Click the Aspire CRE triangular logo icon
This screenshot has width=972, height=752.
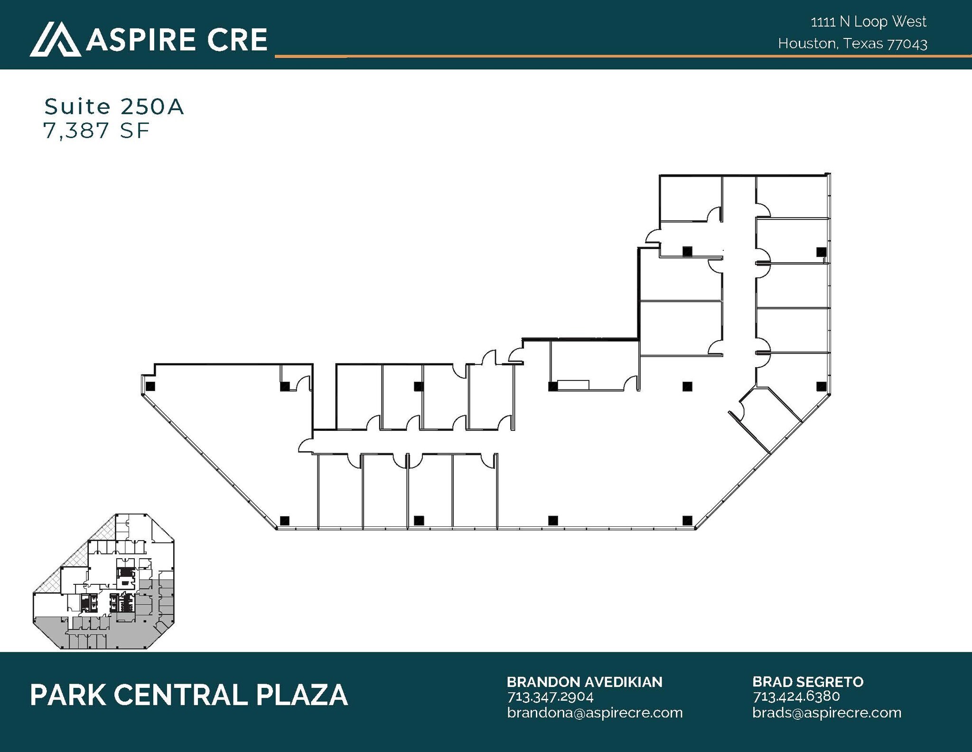pos(55,39)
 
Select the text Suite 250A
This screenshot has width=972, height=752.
pos(114,107)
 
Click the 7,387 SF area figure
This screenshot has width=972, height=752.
pos(96,131)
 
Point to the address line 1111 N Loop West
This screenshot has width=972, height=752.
pos(869,22)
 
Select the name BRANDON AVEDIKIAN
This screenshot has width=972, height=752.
pos(584,682)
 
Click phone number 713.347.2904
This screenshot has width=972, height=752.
pos(551,697)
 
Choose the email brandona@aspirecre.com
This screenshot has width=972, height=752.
pos(595,713)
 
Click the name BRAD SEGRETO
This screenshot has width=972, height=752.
pos(808,682)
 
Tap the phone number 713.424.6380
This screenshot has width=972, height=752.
pos(796,697)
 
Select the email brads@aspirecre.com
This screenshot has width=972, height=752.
pos(827,713)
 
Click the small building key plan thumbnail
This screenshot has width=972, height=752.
pos(104,581)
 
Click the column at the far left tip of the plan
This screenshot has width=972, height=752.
pos(150,386)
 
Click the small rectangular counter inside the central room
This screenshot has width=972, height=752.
pos(573,385)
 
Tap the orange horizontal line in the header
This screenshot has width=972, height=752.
pos(617,56)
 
